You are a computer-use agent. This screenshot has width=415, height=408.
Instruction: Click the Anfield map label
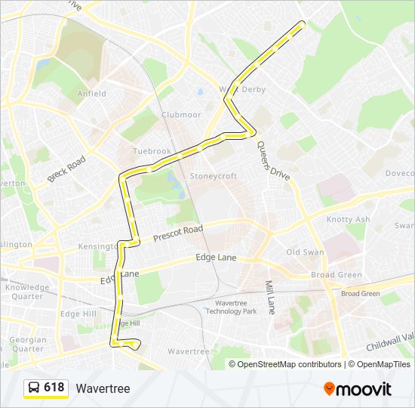[x=91, y=94]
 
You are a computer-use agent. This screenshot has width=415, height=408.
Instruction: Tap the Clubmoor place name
[x=180, y=115]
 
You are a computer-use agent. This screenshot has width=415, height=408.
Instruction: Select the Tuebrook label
[x=152, y=151]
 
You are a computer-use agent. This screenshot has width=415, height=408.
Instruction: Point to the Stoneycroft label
[x=213, y=176]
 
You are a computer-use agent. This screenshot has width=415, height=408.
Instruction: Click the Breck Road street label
[x=66, y=169]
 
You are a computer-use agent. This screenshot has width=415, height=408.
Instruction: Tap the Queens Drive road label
[x=272, y=160]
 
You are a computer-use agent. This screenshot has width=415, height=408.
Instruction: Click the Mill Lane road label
[x=269, y=298]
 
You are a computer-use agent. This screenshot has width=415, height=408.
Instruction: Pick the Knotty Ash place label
[x=348, y=219]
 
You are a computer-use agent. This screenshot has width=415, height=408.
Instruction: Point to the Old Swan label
[x=305, y=252]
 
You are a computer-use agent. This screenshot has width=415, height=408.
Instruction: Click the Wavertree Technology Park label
[x=231, y=306]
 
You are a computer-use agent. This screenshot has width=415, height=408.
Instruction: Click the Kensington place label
[x=97, y=247]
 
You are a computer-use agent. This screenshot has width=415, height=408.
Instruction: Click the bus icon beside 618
[x=33, y=388]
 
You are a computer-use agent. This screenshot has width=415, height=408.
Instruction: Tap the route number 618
[x=54, y=388]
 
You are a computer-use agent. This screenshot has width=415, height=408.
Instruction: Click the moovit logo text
[x=364, y=389]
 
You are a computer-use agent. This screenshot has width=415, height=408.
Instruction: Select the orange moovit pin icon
[x=330, y=389]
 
